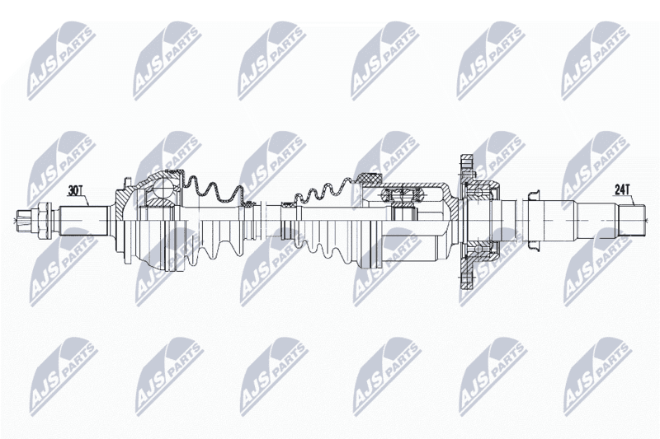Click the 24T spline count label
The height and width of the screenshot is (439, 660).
click(621, 190)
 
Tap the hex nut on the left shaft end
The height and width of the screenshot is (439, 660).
click(45, 220)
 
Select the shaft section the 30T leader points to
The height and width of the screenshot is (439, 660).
click(84, 220)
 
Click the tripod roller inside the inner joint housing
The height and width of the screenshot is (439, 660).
click(401, 195)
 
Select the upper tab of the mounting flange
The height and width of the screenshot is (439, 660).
click(466, 165)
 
